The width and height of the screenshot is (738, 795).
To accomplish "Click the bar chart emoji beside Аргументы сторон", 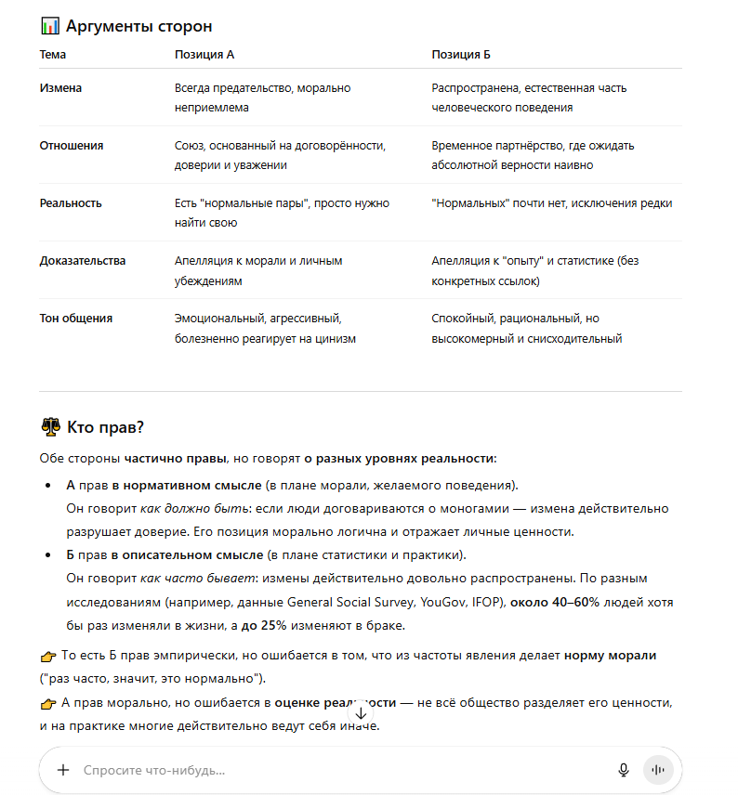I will pyautogui.click(x=50, y=27).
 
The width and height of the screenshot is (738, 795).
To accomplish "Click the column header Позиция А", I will pyautogui.click(x=204, y=55).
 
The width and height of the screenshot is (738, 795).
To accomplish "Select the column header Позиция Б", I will pyautogui.click(x=461, y=55).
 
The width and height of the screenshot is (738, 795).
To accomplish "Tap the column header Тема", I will pyautogui.click(x=53, y=55).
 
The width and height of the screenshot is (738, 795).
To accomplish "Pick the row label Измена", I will pyautogui.click(x=60, y=88).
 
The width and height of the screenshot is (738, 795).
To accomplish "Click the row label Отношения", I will pyautogui.click(x=72, y=146).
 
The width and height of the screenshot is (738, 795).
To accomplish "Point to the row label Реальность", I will pyautogui.click(x=71, y=203).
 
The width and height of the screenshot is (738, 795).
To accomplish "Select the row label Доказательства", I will pyautogui.click(x=82, y=261).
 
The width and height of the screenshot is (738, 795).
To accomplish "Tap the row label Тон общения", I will pyautogui.click(x=75, y=319).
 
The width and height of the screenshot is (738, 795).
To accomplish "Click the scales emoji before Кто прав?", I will pyautogui.click(x=50, y=427).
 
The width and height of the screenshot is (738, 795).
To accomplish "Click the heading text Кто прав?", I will pyautogui.click(x=106, y=427).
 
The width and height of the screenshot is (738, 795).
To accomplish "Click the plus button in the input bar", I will pyautogui.click(x=63, y=770).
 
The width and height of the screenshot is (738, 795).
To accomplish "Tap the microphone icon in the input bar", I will pyautogui.click(x=624, y=770).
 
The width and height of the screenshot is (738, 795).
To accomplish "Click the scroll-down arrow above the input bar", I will pyautogui.click(x=361, y=714).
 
